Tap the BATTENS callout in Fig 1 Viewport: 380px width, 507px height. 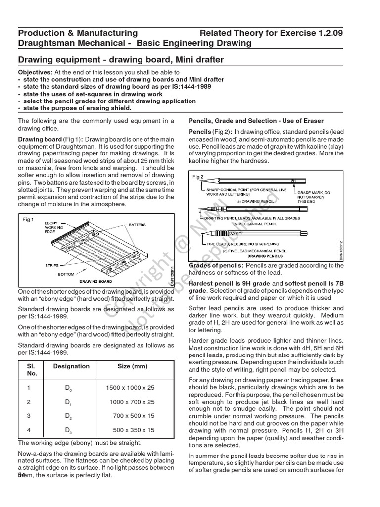click(137, 225)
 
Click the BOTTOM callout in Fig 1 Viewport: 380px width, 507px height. click(66, 274)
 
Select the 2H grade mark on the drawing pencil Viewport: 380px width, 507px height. click(294, 181)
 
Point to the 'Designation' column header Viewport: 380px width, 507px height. click(71, 366)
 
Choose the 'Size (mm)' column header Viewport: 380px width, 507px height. click(132, 366)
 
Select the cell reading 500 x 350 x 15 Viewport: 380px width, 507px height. click(134, 430)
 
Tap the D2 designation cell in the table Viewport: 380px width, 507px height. click(68, 416)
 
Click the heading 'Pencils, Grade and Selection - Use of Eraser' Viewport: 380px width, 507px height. click(256, 121)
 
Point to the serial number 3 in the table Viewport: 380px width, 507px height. click(28, 416)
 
